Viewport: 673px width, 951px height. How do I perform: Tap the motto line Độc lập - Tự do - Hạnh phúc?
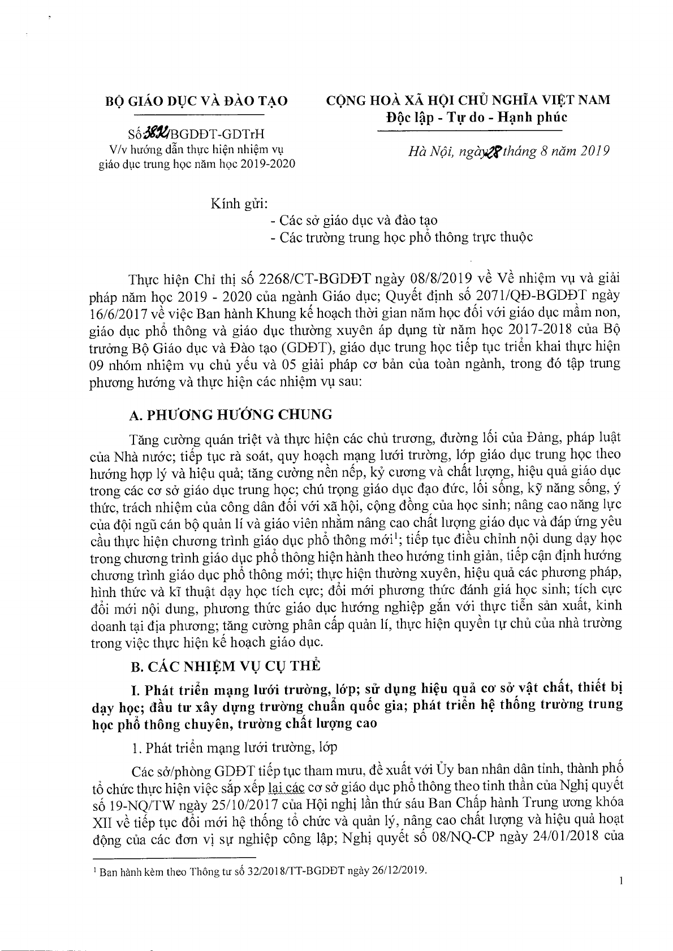point(469,118)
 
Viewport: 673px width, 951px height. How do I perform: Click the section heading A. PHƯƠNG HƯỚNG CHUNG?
point(231,414)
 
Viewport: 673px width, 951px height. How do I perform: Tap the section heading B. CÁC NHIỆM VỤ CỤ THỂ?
point(225,665)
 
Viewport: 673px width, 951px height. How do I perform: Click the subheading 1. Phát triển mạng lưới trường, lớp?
point(234,747)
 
